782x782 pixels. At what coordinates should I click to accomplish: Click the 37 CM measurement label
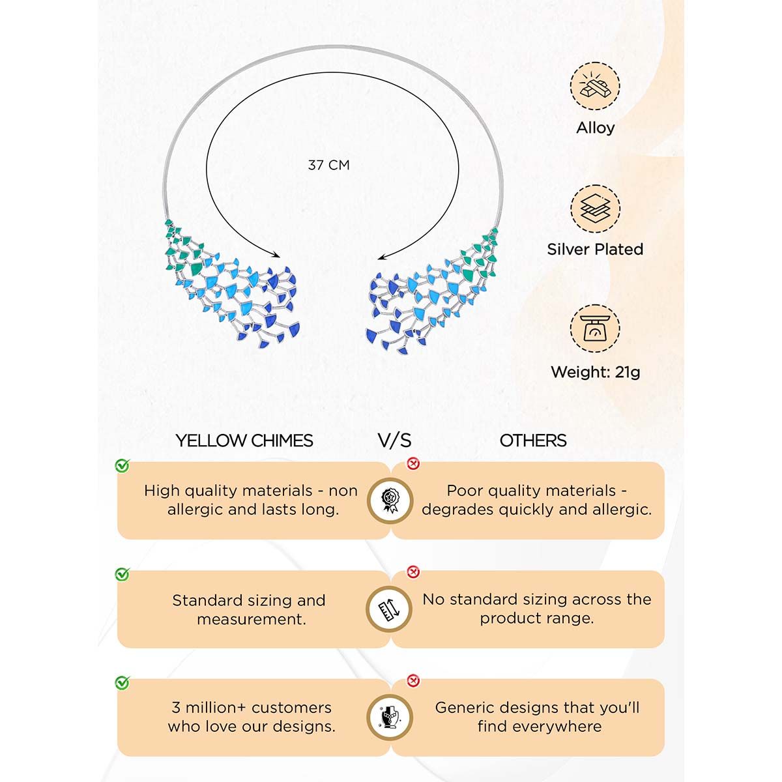tap(328, 166)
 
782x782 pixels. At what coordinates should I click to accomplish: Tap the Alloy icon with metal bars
tap(594, 86)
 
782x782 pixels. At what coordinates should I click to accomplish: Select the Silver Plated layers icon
tap(594, 209)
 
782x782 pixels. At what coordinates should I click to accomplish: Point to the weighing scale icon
tap(594, 330)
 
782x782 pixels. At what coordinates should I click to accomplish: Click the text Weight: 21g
tap(595, 372)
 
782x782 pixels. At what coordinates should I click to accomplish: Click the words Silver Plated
tap(595, 249)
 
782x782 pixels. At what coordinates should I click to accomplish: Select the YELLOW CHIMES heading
tap(244, 441)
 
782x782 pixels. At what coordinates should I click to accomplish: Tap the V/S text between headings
tap(394, 441)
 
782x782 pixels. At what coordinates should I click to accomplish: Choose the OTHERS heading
tap(533, 441)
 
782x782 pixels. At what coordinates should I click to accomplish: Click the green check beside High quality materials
tap(122, 465)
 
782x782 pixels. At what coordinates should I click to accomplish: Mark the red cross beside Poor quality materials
tap(413, 464)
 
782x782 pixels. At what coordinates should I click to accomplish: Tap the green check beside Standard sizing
tap(122, 574)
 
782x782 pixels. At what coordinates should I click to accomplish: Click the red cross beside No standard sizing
tap(413, 572)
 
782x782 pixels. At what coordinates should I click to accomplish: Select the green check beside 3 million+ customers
tap(122, 682)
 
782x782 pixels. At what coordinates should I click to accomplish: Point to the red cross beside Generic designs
tap(413, 681)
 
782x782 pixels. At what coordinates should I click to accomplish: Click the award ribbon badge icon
tap(389, 500)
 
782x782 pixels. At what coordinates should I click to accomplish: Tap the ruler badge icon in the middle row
tap(389, 609)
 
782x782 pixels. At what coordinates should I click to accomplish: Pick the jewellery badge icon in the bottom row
tap(389, 717)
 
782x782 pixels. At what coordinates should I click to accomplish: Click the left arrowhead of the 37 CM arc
tap(276, 255)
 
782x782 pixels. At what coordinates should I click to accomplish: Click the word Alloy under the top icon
tap(595, 128)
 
